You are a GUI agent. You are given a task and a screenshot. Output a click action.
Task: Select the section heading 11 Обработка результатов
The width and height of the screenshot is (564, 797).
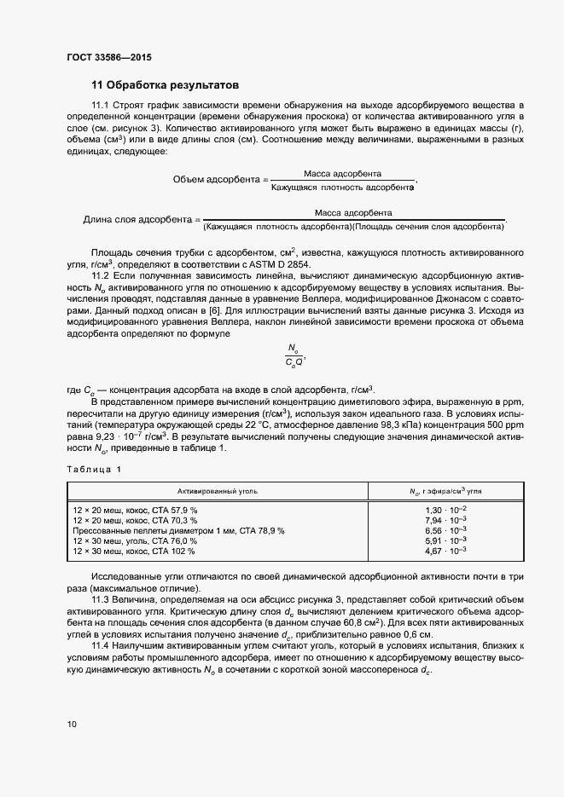click(165, 85)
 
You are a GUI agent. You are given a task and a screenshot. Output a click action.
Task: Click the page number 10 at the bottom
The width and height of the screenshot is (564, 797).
click(72, 725)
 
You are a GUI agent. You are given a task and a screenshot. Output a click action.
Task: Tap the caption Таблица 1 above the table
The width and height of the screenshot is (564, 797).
click(95, 470)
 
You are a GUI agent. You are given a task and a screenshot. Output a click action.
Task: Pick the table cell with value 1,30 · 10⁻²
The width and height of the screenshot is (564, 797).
click(445, 509)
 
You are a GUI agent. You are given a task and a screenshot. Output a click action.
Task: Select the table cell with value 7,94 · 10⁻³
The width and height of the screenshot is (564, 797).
click(445, 519)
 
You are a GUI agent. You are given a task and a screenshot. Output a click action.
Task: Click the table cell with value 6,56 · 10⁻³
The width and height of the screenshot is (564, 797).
click(445, 530)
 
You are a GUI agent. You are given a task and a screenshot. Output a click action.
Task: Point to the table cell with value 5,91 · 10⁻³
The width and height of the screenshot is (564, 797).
click(445, 540)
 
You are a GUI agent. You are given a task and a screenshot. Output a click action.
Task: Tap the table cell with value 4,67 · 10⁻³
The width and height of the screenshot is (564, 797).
click(445, 552)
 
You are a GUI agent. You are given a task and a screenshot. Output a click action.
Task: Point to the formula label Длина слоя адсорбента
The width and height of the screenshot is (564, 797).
click(136, 220)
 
